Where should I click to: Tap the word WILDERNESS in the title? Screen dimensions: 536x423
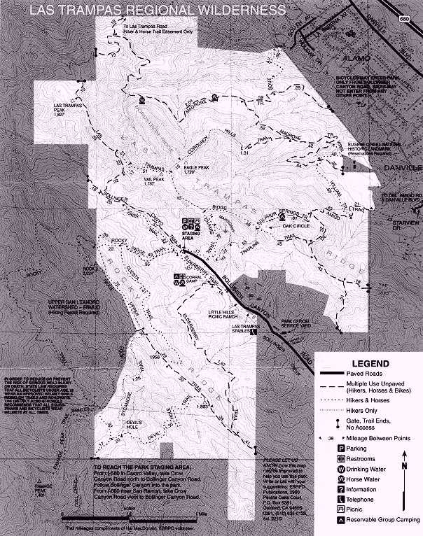point(242,10)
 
